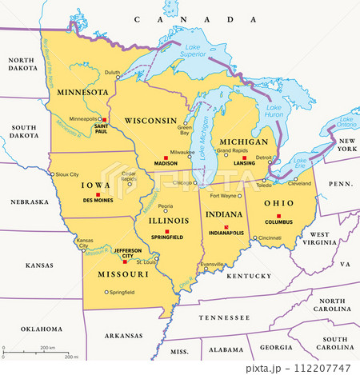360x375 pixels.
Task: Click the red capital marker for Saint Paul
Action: [x=103, y=119]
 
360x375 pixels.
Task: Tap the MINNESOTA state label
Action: [x=82, y=92]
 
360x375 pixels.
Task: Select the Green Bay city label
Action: [x=184, y=128]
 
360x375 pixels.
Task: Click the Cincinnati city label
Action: [x=270, y=237]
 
